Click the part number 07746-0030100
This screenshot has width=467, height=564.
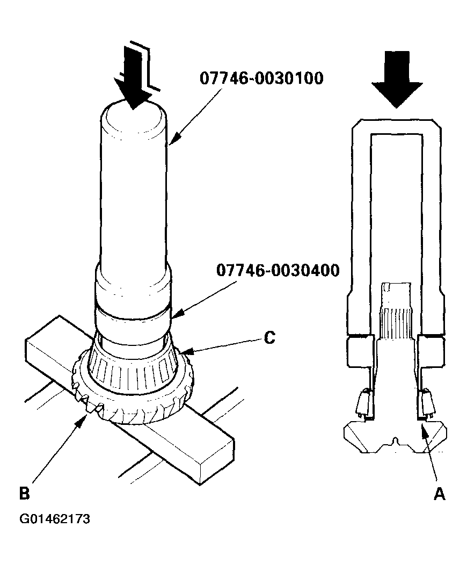click(261, 79)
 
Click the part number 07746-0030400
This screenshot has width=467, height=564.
click(278, 270)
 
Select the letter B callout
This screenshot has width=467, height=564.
click(24, 493)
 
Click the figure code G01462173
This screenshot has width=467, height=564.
click(55, 519)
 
